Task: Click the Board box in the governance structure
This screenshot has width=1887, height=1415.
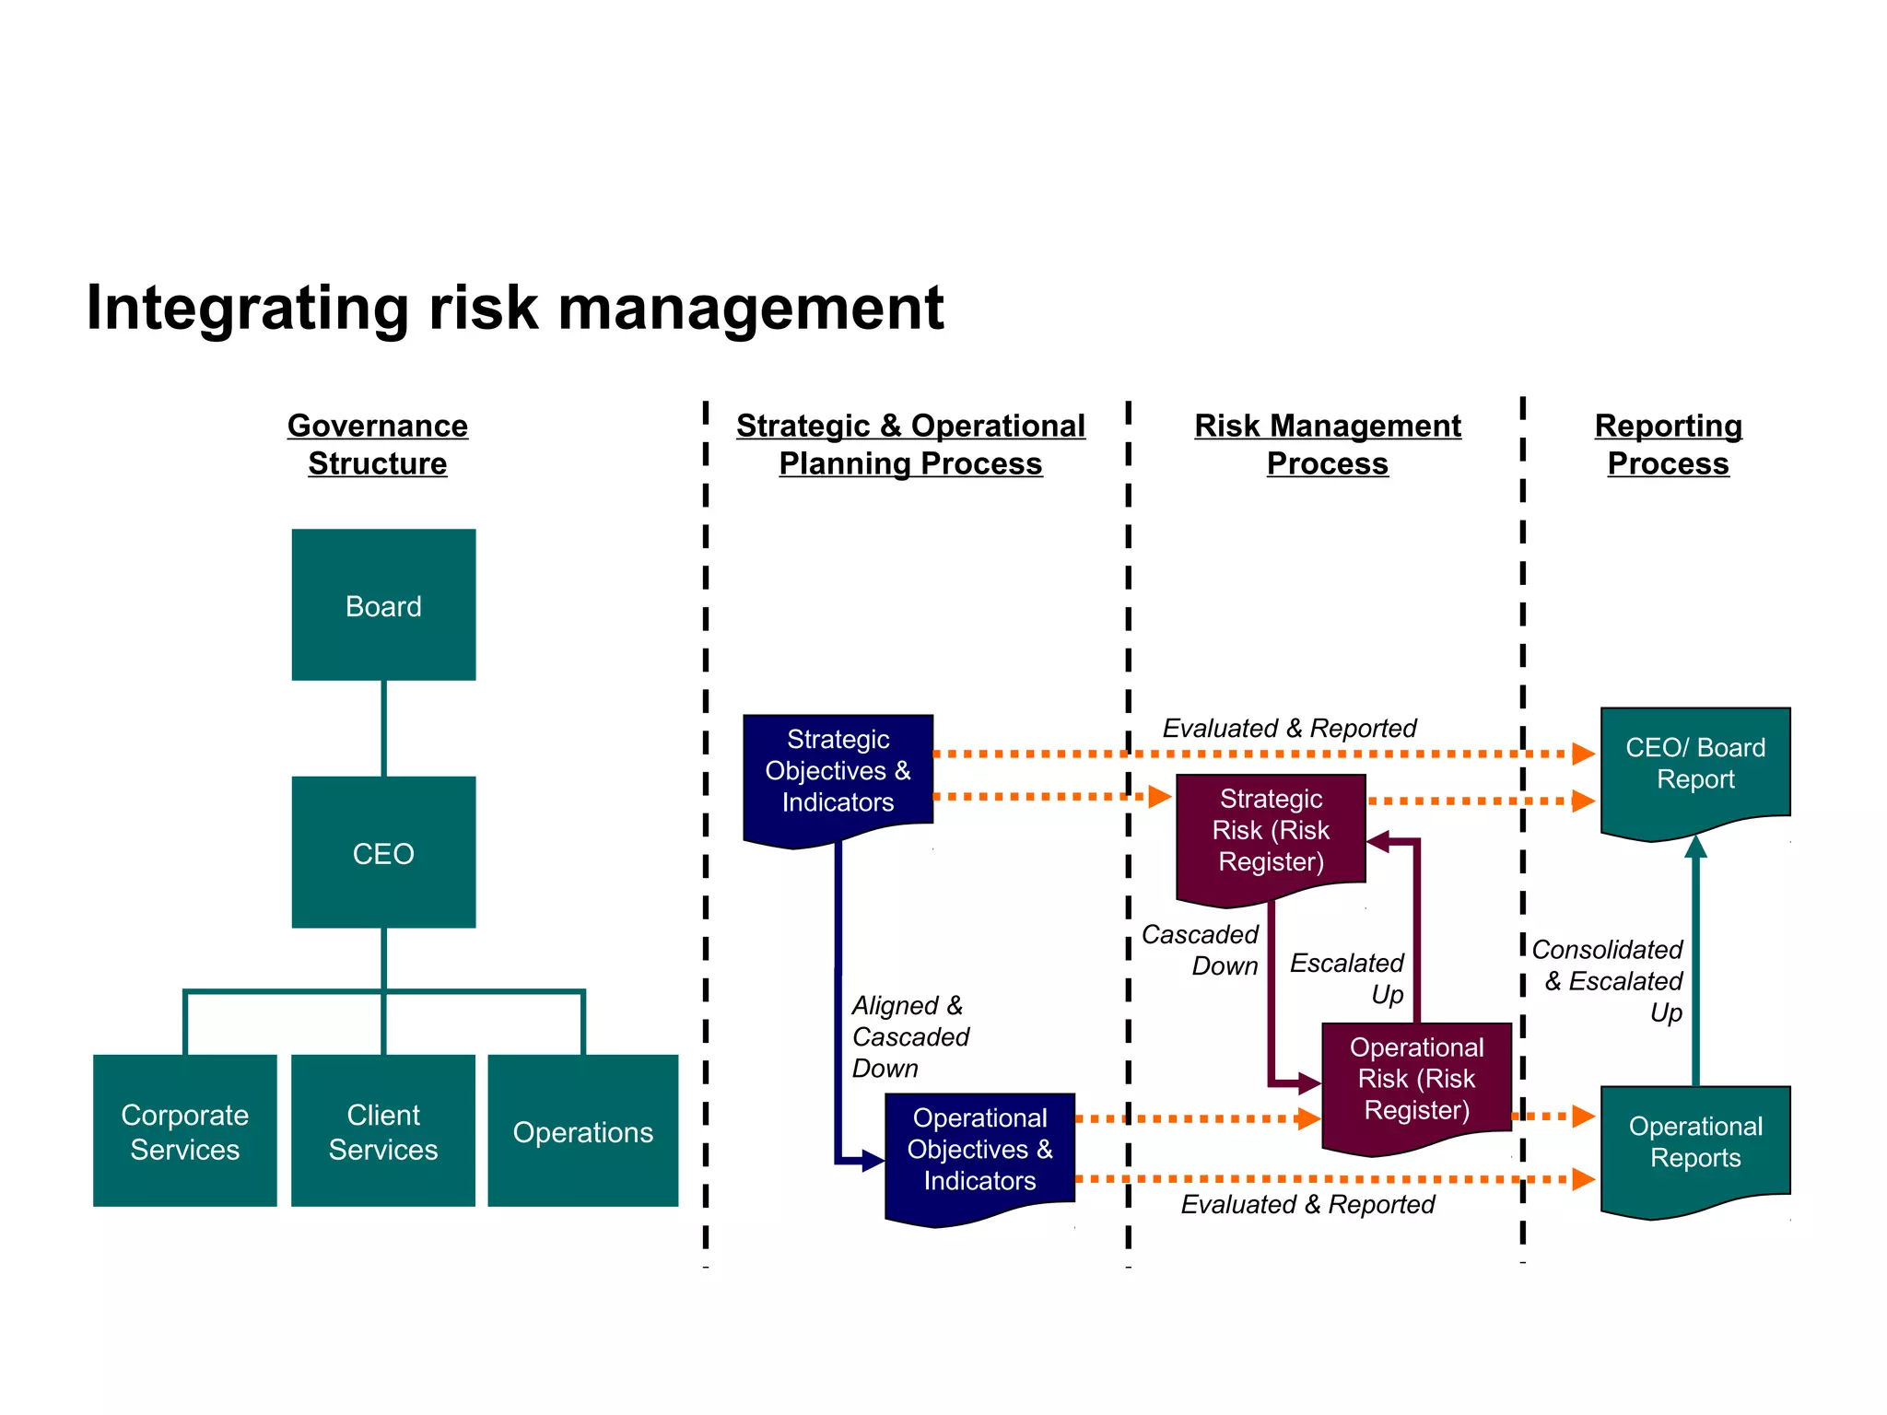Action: (383, 605)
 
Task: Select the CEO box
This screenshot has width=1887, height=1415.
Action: (383, 852)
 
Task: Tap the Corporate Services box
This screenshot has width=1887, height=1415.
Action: (184, 1131)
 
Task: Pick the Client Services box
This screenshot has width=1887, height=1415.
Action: (383, 1131)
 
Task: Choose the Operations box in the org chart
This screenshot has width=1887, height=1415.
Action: (582, 1131)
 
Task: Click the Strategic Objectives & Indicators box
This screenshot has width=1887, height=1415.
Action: (838, 771)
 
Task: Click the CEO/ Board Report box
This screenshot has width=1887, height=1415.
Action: (1695, 764)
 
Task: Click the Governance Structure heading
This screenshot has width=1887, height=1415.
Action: (378, 444)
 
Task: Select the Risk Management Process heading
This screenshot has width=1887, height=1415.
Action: (1328, 444)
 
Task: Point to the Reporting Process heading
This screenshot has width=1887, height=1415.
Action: (1669, 444)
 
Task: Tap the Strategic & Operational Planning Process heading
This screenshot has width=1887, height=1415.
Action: (910, 444)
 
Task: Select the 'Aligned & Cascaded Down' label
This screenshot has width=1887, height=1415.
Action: (909, 1036)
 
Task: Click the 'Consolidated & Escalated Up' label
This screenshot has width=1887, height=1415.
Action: (1608, 980)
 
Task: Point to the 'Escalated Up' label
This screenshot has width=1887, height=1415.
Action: (1347, 978)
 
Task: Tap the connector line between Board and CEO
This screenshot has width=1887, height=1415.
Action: (383, 728)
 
